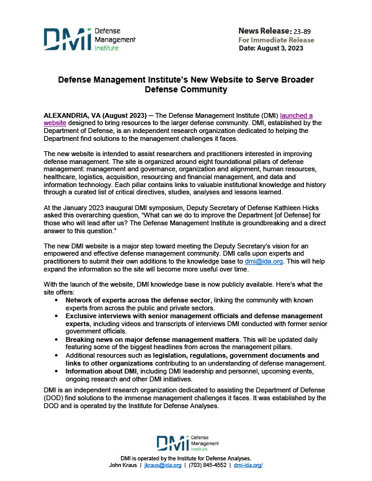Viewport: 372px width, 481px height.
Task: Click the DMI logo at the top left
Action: click(x=89, y=38)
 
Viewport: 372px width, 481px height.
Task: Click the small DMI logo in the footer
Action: click(x=185, y=443)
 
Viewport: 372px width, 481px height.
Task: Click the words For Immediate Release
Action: click(x=276, y=39)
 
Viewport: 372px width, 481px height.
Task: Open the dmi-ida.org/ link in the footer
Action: click(x=247, y=464)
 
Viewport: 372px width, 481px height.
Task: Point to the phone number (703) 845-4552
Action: click(x=206, y=464)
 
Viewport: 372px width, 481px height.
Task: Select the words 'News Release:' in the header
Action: click(x=264, y=30)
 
